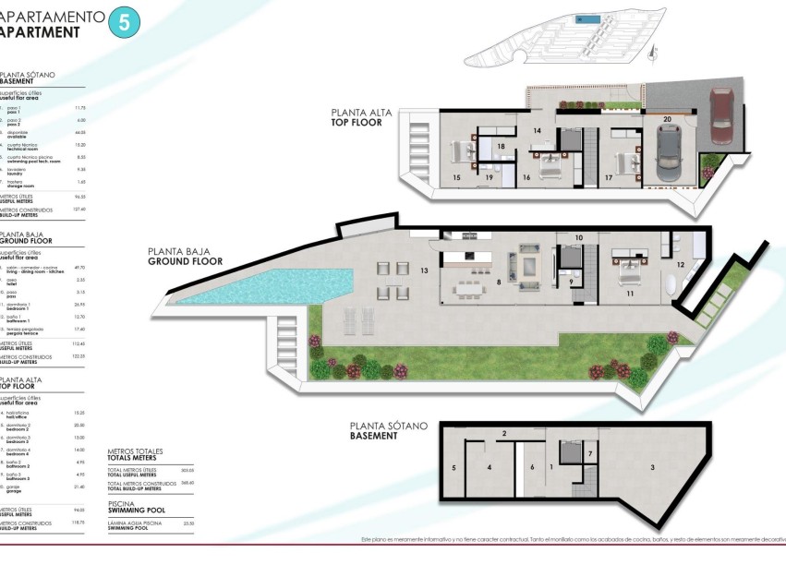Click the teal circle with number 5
point(125,22)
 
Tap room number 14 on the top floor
point(536,131)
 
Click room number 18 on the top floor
point(501,146)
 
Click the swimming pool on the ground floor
point(278,283)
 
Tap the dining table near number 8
point(467,289)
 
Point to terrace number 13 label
point(424,271)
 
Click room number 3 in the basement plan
point(652,468)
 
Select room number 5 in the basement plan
point(453,468)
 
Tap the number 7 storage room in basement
point(589,455)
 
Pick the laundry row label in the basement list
point(16,170)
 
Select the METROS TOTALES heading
point(135,454)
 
